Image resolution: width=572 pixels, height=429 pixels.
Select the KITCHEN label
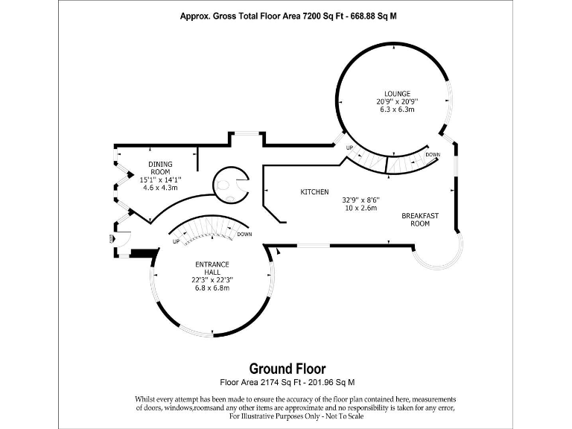[x=314, y=192]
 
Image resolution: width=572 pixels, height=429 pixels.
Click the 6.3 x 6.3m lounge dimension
[x=396, y=109]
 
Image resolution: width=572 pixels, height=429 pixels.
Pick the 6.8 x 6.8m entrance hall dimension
[x=212, y=288]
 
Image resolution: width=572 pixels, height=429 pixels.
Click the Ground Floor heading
[x=287, y=369]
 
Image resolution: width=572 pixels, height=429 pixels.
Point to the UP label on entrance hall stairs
[x=176, y=241]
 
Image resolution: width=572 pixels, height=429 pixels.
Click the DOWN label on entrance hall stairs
[x=244, y=234]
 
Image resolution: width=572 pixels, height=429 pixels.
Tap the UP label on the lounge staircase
[x=349, y=148]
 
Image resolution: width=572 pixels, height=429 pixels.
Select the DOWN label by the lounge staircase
[x=432, y=154]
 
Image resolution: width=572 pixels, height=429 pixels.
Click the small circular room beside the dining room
[x=230, y=184]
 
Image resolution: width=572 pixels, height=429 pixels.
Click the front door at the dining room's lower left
[x=121, y=240]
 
